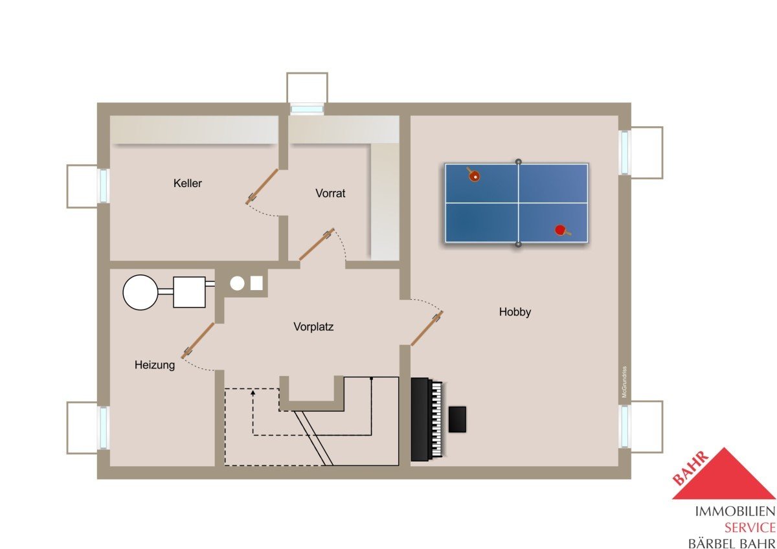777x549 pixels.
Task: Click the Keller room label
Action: pyautogui.click(x=187, y=183)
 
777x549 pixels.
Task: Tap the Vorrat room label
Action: pyautogui.click(x=330, y=193)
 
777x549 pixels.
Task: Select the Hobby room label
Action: pyautogui.click(x=515, y=312)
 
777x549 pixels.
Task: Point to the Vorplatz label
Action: pyautogui.click(x=313, y=327)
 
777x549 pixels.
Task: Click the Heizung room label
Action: pyautogui.click(x=155, y=365)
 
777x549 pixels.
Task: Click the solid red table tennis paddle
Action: pyautogui.click(x=561, y=230)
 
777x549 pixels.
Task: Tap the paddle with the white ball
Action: pyautogui.click(x=473, y=175)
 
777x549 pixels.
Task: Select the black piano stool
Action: pyautogui.click(x=457, y=420)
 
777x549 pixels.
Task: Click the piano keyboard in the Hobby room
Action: pyautogui.click(x=437, y=420)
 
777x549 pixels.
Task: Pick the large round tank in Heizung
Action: pyautogui.click(x=141, y=293)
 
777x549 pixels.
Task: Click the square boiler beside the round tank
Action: pyautogui.click(x=189, y=292)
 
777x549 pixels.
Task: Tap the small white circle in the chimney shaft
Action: pyautogui.click(x=237, y=284)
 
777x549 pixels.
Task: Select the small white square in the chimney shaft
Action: pyautogui.click(x=256, y=283)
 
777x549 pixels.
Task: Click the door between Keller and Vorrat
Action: pyautogui.click(x=262, y=186)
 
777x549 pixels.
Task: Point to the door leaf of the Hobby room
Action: pyautogui.click(x=427, y=328)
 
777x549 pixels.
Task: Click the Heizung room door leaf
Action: pyautogui.click(x=197, y=341)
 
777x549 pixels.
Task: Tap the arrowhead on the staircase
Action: pyautogui.click(x=253, y=392)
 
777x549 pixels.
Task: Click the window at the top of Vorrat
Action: pyautogui.click(x=307, y=109)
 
